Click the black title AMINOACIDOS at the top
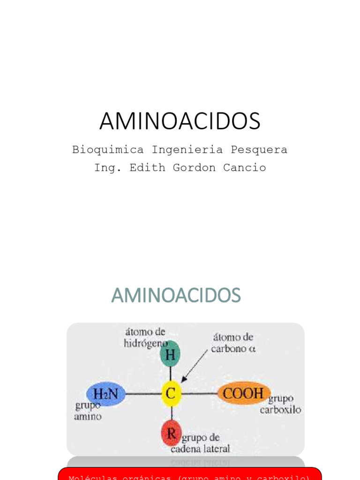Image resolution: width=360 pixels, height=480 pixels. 180,121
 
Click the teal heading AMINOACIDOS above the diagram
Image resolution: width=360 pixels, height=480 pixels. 176,295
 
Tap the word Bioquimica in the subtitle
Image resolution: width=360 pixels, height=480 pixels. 108,150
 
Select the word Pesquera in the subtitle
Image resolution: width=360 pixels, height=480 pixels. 259,150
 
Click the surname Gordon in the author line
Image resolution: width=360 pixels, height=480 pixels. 195,168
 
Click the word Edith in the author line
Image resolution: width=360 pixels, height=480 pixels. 147,168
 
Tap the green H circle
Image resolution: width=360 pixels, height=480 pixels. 170,354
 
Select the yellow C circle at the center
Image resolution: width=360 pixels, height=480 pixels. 171,393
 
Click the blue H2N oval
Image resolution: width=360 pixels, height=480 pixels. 106,394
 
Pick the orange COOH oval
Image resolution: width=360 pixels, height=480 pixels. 244,393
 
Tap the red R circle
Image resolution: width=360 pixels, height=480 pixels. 171,433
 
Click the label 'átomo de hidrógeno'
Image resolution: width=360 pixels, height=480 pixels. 144,337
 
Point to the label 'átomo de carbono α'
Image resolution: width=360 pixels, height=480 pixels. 233,343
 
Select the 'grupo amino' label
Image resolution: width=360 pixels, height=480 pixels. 88,411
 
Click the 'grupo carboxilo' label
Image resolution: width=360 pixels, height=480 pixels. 281,404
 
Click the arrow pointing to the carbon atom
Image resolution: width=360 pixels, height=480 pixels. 195,365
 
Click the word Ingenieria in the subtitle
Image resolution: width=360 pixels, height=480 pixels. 187,150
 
